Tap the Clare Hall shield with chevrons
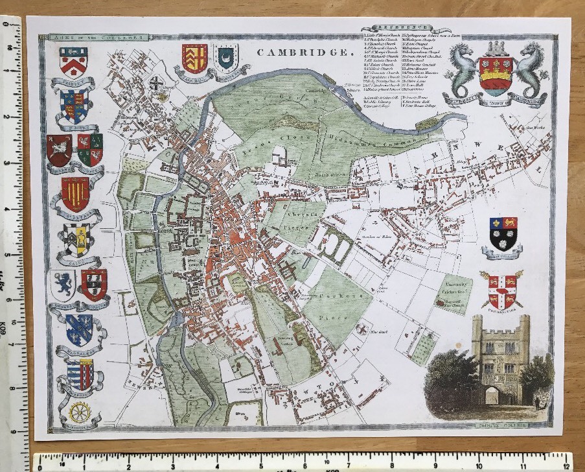[x=194, y=58]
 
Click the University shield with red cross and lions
[x=501, y=289]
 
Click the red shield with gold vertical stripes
[x=76, y=193]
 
